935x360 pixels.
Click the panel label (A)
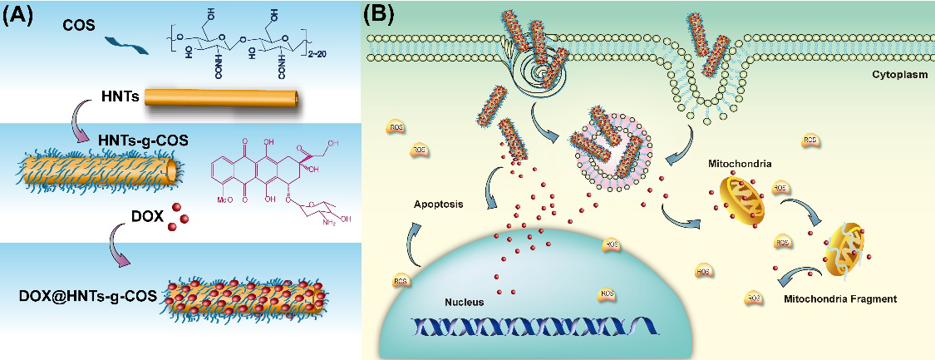pos(18,13)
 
